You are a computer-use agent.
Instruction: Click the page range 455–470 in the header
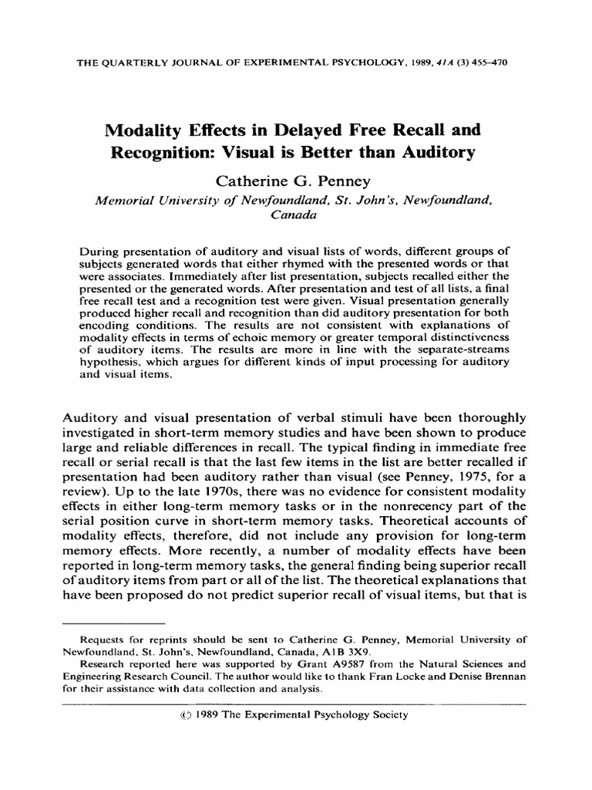(496, 61)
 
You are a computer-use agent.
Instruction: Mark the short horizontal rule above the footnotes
(113, 621)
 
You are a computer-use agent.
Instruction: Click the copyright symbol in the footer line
(183, 714)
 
